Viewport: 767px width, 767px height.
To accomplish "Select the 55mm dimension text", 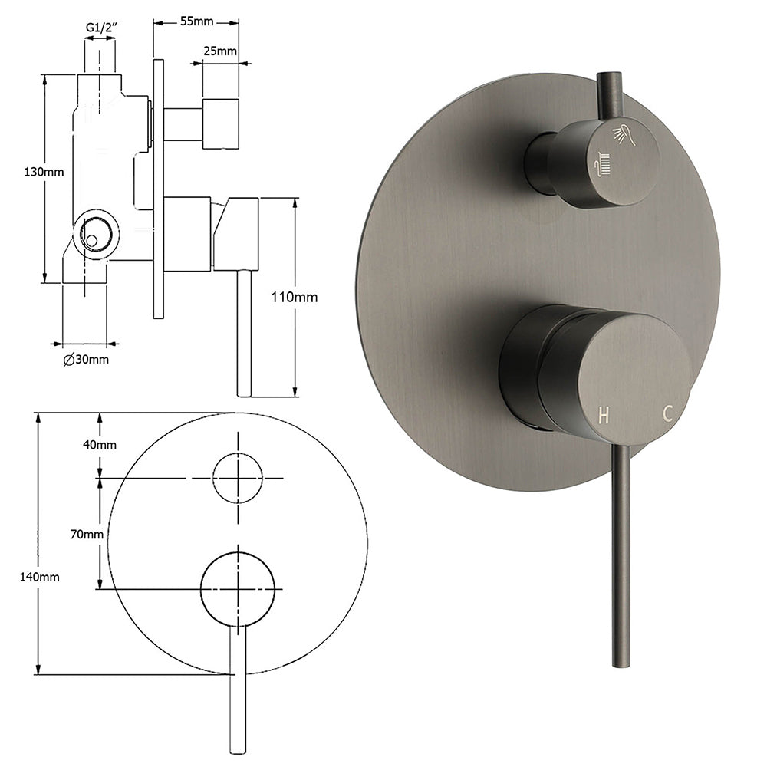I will [x=196, y=21].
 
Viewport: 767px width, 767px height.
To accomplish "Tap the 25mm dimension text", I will [x=219, y=52].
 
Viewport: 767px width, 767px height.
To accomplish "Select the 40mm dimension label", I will [x=100, y=445].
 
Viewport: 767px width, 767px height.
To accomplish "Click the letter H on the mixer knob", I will [x=604, y=416].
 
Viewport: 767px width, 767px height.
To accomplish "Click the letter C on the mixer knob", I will [x=668, y=413].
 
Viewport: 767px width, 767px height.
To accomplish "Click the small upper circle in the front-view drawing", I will [x=238, y=477].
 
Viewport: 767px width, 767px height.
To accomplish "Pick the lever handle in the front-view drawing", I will [x=238, y=690].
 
